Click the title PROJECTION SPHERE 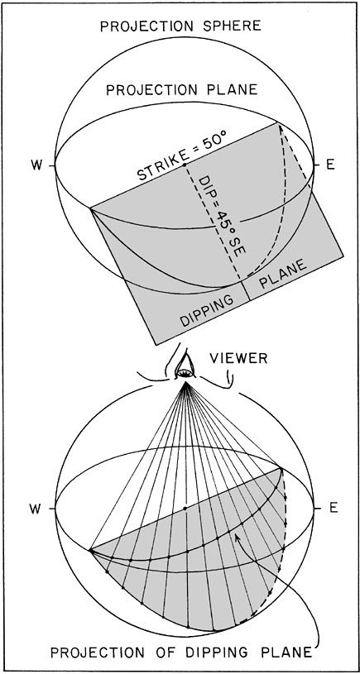pos(180,26)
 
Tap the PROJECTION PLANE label pos(182,90)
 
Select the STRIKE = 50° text pos(182,156)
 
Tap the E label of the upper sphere pos(330,165)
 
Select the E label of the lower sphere pos(330,509)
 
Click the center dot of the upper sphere pos(185,165)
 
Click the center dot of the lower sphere pos(185,509)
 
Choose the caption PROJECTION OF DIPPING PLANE pos(181,652)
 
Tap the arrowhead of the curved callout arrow pos(236,536)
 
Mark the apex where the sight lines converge pos(185,383)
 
